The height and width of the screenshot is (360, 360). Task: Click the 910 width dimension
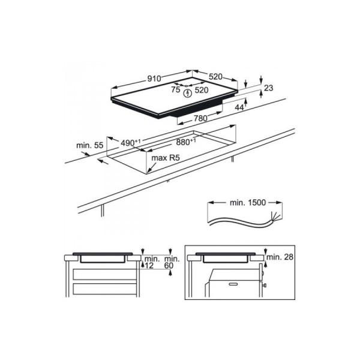(x=154, y=79)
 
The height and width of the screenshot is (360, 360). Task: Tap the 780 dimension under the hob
(x=200, y=118)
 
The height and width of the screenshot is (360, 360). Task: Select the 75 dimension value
(x=176, y=89)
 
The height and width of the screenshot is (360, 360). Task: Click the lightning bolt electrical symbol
(x=188, y=93)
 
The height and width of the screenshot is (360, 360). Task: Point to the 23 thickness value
(x=268, y=88)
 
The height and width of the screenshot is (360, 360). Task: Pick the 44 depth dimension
(x=239, y=107)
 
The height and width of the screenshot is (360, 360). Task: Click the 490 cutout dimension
(x=130, y=143)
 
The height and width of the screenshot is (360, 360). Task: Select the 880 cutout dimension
(x=186, y=142)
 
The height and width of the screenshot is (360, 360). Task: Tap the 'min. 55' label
(x=90, y=145)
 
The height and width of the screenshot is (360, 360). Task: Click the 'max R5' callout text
(x=166, y=158)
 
